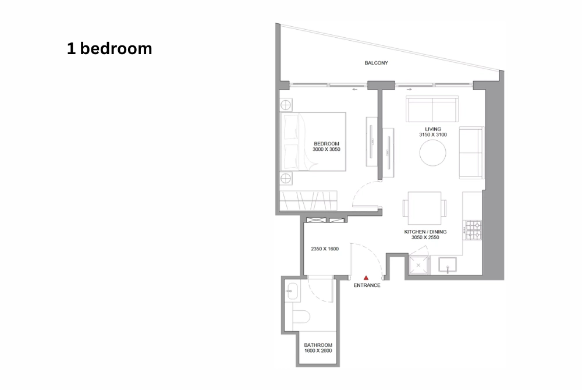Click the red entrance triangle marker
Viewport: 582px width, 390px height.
[366, 278]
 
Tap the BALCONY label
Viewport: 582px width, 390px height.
[376, 63]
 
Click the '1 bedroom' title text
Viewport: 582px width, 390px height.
[109, 49]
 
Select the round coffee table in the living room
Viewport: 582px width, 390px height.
[433, 153]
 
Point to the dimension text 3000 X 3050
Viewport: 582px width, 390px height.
[327, 150]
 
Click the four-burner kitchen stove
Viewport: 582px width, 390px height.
[474, 230]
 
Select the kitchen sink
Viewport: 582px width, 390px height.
[448, 265]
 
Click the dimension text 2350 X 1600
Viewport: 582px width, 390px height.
[325, 249]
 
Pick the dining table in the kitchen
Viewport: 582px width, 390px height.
[425, 208]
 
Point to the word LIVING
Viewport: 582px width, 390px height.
[433, 129]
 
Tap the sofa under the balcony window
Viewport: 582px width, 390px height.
[432, 109]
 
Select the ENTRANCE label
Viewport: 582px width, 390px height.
[367, 285]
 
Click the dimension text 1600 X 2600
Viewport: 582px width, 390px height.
[318, 350]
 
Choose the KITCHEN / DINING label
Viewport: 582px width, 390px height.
[425, 232]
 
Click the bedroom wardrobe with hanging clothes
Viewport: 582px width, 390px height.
[308, 201]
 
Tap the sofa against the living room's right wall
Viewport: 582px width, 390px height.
[472, 153]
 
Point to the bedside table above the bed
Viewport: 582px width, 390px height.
[286, 105]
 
